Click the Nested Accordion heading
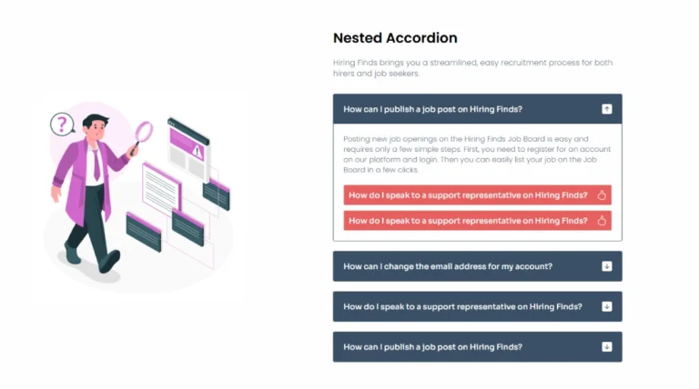(x=395, y=38)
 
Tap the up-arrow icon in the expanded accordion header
(x=606, y=109)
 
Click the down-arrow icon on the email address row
(x=606, y=266)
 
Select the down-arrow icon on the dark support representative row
(x=606, y=306)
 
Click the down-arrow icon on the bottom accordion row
(x=606, y=346)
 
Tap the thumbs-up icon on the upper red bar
(x=602, y=194)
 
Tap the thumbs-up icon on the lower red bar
(x=602, y=220)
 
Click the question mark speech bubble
(x=62, y=125)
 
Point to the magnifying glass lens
(x=144, y=131)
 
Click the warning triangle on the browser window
(x=197, y=151)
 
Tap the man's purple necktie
(x=96, y=165)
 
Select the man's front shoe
(x=109, y=261)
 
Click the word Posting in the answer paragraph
(x=356, y=139)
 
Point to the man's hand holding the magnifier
(x=133, y=150)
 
